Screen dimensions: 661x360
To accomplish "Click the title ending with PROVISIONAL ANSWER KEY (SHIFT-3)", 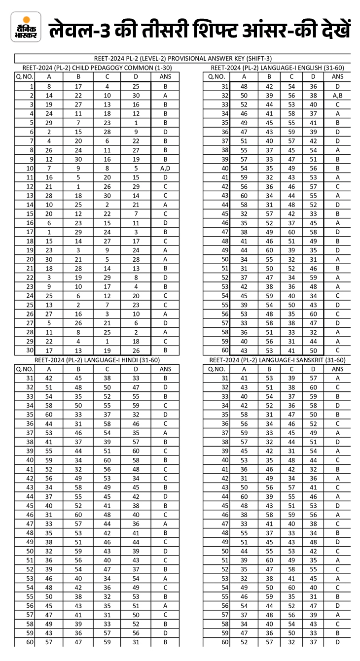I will coord(183,59).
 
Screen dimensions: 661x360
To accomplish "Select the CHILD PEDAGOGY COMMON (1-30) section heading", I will coord(97,68).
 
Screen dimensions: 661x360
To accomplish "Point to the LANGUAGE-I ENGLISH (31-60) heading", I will coord(277,68).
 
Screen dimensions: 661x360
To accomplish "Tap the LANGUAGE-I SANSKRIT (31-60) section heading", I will coord(277,360).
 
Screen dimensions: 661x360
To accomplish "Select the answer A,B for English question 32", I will coord(337,95).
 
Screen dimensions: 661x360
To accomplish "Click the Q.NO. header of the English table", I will coord(217,76).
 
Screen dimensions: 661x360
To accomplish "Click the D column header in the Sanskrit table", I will coord(313,369).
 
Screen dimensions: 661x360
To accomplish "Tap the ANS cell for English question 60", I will coord(337,350).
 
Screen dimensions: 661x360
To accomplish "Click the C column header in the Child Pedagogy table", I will coord(108,76).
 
